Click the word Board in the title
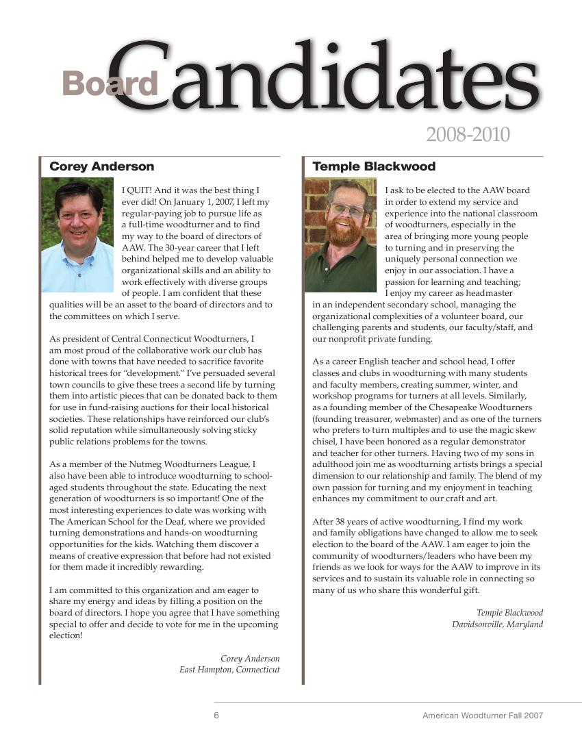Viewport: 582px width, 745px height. tap(110, 84)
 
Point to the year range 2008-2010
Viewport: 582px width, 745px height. tap(468, 134)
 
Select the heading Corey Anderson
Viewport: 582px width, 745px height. tap(102, 166)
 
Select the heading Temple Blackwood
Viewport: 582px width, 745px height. tap(374, 166)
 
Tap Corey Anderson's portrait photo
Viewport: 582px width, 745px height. tap(77, 235)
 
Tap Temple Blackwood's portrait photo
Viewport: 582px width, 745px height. tap(340, 235)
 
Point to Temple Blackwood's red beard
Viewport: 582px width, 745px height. tap(342, 233)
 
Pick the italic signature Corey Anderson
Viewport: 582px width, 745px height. tap(250, 658)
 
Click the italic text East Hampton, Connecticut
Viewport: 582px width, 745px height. tap(229, 670)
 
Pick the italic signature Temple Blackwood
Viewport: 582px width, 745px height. tap(509, 613)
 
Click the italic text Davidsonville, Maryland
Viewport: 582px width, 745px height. tap(497, 624)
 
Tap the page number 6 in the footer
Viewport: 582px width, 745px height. tap(216, 716)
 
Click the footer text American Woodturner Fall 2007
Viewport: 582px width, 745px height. tap(482, 716)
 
